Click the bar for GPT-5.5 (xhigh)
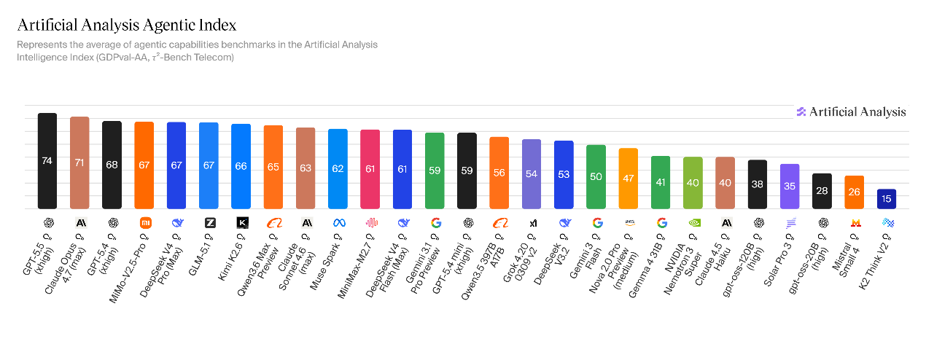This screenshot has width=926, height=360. pyautogui.click(x=47, y=160)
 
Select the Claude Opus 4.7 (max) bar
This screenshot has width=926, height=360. pyautogui.click(x=79, y=163)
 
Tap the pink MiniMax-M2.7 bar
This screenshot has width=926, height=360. pyautogui.click(x=370, y=168)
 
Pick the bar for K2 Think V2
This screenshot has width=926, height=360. pyautogui.click(x=887, y=198)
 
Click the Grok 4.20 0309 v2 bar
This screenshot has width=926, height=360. pyautogui.click(x=532, y=173)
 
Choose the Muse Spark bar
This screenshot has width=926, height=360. pyautogui.click(x=338, y=168)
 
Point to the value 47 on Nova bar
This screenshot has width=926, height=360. pyautogui.click(x=628, y=178)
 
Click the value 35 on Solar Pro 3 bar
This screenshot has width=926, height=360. pyautogui.click(x=790, y=186)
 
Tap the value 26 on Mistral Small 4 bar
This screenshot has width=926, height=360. pyautogui.click(x=854, y=192)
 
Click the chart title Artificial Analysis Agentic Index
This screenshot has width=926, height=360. pyautogui.click(x=126, y=26)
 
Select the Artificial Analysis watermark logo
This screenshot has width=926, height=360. pyautogui.click(x=851, y=111)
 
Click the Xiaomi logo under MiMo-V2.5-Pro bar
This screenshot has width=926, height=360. pyautogui.click(x=144, y=222)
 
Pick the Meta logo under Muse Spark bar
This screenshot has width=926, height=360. pyautogui.click(x=338, y=222)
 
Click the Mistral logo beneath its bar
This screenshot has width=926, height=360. pyautogui.click(x=855, y=222)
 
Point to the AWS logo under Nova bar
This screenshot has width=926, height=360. pyautogui.click(x=628, y=222)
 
